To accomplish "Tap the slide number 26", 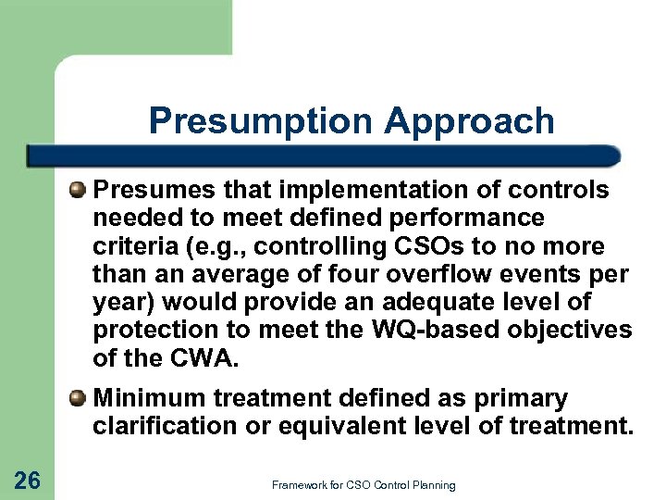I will coord(28,479).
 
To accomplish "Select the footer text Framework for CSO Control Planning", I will coord(364,485).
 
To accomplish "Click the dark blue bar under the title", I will coord(324,155).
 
